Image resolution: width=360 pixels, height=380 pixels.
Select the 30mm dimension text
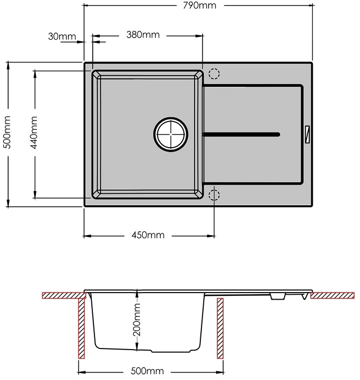(x=61, y=36)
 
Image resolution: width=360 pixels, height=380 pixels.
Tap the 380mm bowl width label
(x=143, y=35)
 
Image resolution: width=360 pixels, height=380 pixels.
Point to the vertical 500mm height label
(x=7, y=134)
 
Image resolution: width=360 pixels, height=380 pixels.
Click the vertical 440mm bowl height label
(x=34, y=134)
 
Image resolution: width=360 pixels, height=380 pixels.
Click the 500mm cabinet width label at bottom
(x=147, y=371)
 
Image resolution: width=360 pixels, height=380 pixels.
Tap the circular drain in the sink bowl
(x=170, y=133)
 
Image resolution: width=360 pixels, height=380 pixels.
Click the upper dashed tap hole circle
(x=214, y=74)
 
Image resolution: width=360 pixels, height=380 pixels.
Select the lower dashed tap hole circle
(x=214, y=194)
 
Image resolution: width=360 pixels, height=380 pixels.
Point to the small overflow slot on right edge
(x=308, y=133)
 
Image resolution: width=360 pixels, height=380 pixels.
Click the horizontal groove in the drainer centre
(x=242, y=133)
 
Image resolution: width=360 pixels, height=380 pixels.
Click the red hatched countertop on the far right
(x=333, y=295)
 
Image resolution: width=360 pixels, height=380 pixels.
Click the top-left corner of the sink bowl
(x=95, y=74)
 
